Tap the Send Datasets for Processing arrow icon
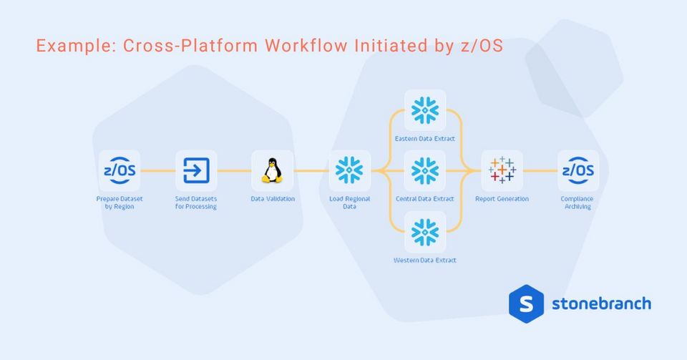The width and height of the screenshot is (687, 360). point(196,170)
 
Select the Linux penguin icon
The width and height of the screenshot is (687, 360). point(272,170)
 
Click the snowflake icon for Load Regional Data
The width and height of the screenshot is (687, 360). point(350,170)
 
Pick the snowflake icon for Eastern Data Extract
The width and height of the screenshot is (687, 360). point(425,110)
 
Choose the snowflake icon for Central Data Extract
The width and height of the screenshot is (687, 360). point(425,170)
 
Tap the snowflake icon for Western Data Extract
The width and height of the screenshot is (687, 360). point(425,232)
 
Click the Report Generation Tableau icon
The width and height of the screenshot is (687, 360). point(502,170)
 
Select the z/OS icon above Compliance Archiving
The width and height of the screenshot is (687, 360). point(578,170)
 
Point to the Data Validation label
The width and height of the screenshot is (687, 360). point(272,198)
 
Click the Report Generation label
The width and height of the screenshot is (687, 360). point(502,198)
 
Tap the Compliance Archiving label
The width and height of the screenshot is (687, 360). point(577,203)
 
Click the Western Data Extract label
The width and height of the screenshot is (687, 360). point(425,260)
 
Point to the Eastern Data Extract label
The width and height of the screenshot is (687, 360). point(425,138)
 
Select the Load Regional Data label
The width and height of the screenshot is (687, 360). point(349,203)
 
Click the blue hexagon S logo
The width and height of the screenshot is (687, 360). point(526,303)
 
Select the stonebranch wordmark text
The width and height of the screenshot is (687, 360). point(601,303)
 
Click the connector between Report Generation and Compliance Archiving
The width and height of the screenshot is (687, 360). point(540,170)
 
